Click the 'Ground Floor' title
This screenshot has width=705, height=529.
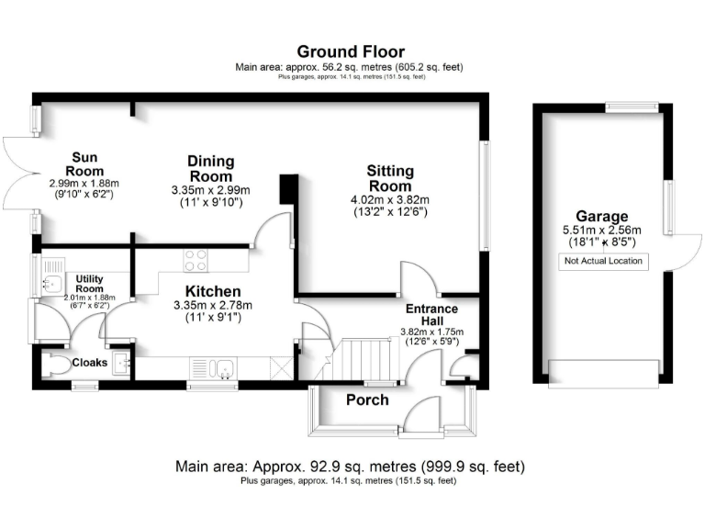pos(351,51)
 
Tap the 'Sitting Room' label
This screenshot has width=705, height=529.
pos(390,178)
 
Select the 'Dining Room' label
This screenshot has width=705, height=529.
pos(210,169)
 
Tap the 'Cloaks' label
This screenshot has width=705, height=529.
pos(90,363)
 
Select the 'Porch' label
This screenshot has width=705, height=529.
pos(367,400)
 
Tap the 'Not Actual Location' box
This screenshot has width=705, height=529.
pos(603,262)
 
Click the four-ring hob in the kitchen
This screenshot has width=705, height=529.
pos(196,261)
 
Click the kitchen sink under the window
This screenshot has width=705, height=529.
pos(220,368)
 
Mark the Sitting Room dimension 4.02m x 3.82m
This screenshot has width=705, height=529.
pos(390,200)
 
